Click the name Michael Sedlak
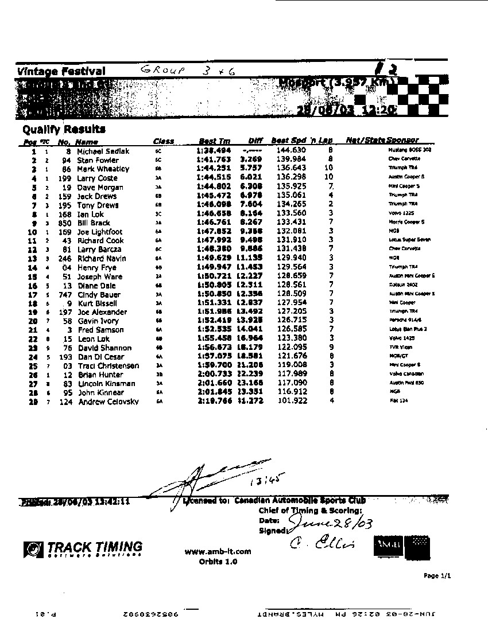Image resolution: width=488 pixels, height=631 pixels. click(103, 151)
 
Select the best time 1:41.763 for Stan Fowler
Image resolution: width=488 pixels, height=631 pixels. click(214, 160)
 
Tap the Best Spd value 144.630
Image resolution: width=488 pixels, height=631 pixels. click(291, 151)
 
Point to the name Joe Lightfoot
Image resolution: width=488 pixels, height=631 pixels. click(99, 232)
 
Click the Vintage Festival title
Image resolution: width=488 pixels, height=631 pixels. click(61, 72)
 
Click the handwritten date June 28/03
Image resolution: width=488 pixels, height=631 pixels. click(326, 521)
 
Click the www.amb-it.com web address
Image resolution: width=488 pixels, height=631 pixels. click(218, 552)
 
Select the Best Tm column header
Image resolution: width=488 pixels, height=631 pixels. click(214, 141)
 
